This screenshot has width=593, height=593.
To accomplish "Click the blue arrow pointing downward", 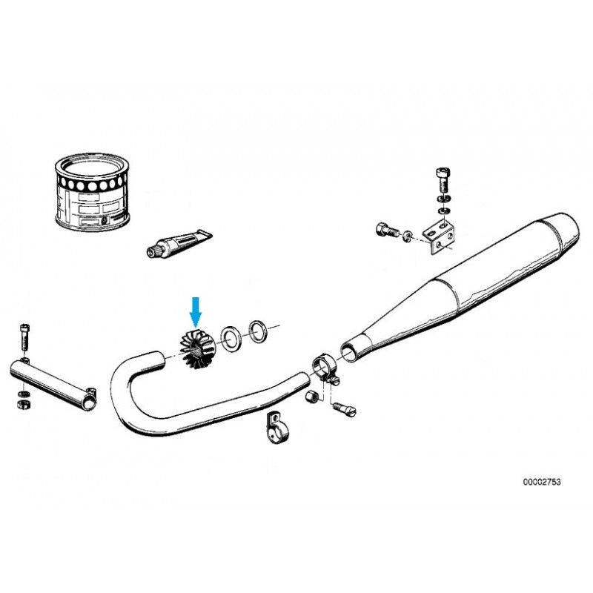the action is click(x=196, y=312).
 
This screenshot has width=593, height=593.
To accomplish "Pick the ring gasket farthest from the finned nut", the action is click(x=258, y=331).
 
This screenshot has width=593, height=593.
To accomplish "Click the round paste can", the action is click(x=92, y=192).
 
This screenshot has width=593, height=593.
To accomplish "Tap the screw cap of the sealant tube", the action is click(x=153, y=251).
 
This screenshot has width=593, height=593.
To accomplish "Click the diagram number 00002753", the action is click(x=542, y=482).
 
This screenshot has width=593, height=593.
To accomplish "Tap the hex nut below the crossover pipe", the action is click(x=24, y=404).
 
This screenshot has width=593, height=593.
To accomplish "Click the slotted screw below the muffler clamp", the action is click(x=344, y=409).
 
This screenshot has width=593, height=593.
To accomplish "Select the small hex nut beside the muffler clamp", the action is click(x=311, y=397).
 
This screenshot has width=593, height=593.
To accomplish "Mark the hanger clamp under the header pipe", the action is click(x=276, y=428).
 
